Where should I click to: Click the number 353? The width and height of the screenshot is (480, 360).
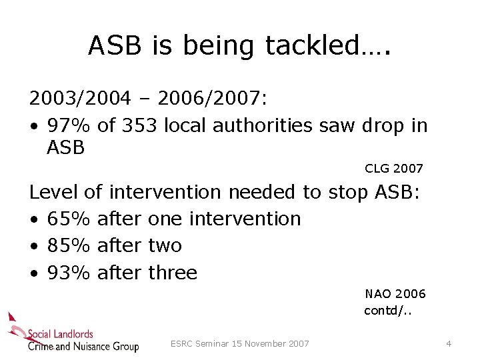[x=138, y=125]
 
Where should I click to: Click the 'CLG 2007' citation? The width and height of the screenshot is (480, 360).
[x=394, y=169]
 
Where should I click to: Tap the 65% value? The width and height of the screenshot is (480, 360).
[x=68, y=219]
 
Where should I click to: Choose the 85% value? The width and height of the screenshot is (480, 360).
[x=68, y=246]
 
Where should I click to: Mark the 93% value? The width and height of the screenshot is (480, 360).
[x=68, y=273]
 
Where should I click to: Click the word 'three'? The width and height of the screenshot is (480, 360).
[x=173, y=273]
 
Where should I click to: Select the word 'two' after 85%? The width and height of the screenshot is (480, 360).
[x=165, y=246]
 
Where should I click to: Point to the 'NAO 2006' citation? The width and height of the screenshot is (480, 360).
[x=395, y=294]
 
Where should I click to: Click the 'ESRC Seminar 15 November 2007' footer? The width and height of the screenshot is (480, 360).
[x=240, y=344]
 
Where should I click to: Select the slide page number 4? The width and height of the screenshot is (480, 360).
[x=449, y=344]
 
